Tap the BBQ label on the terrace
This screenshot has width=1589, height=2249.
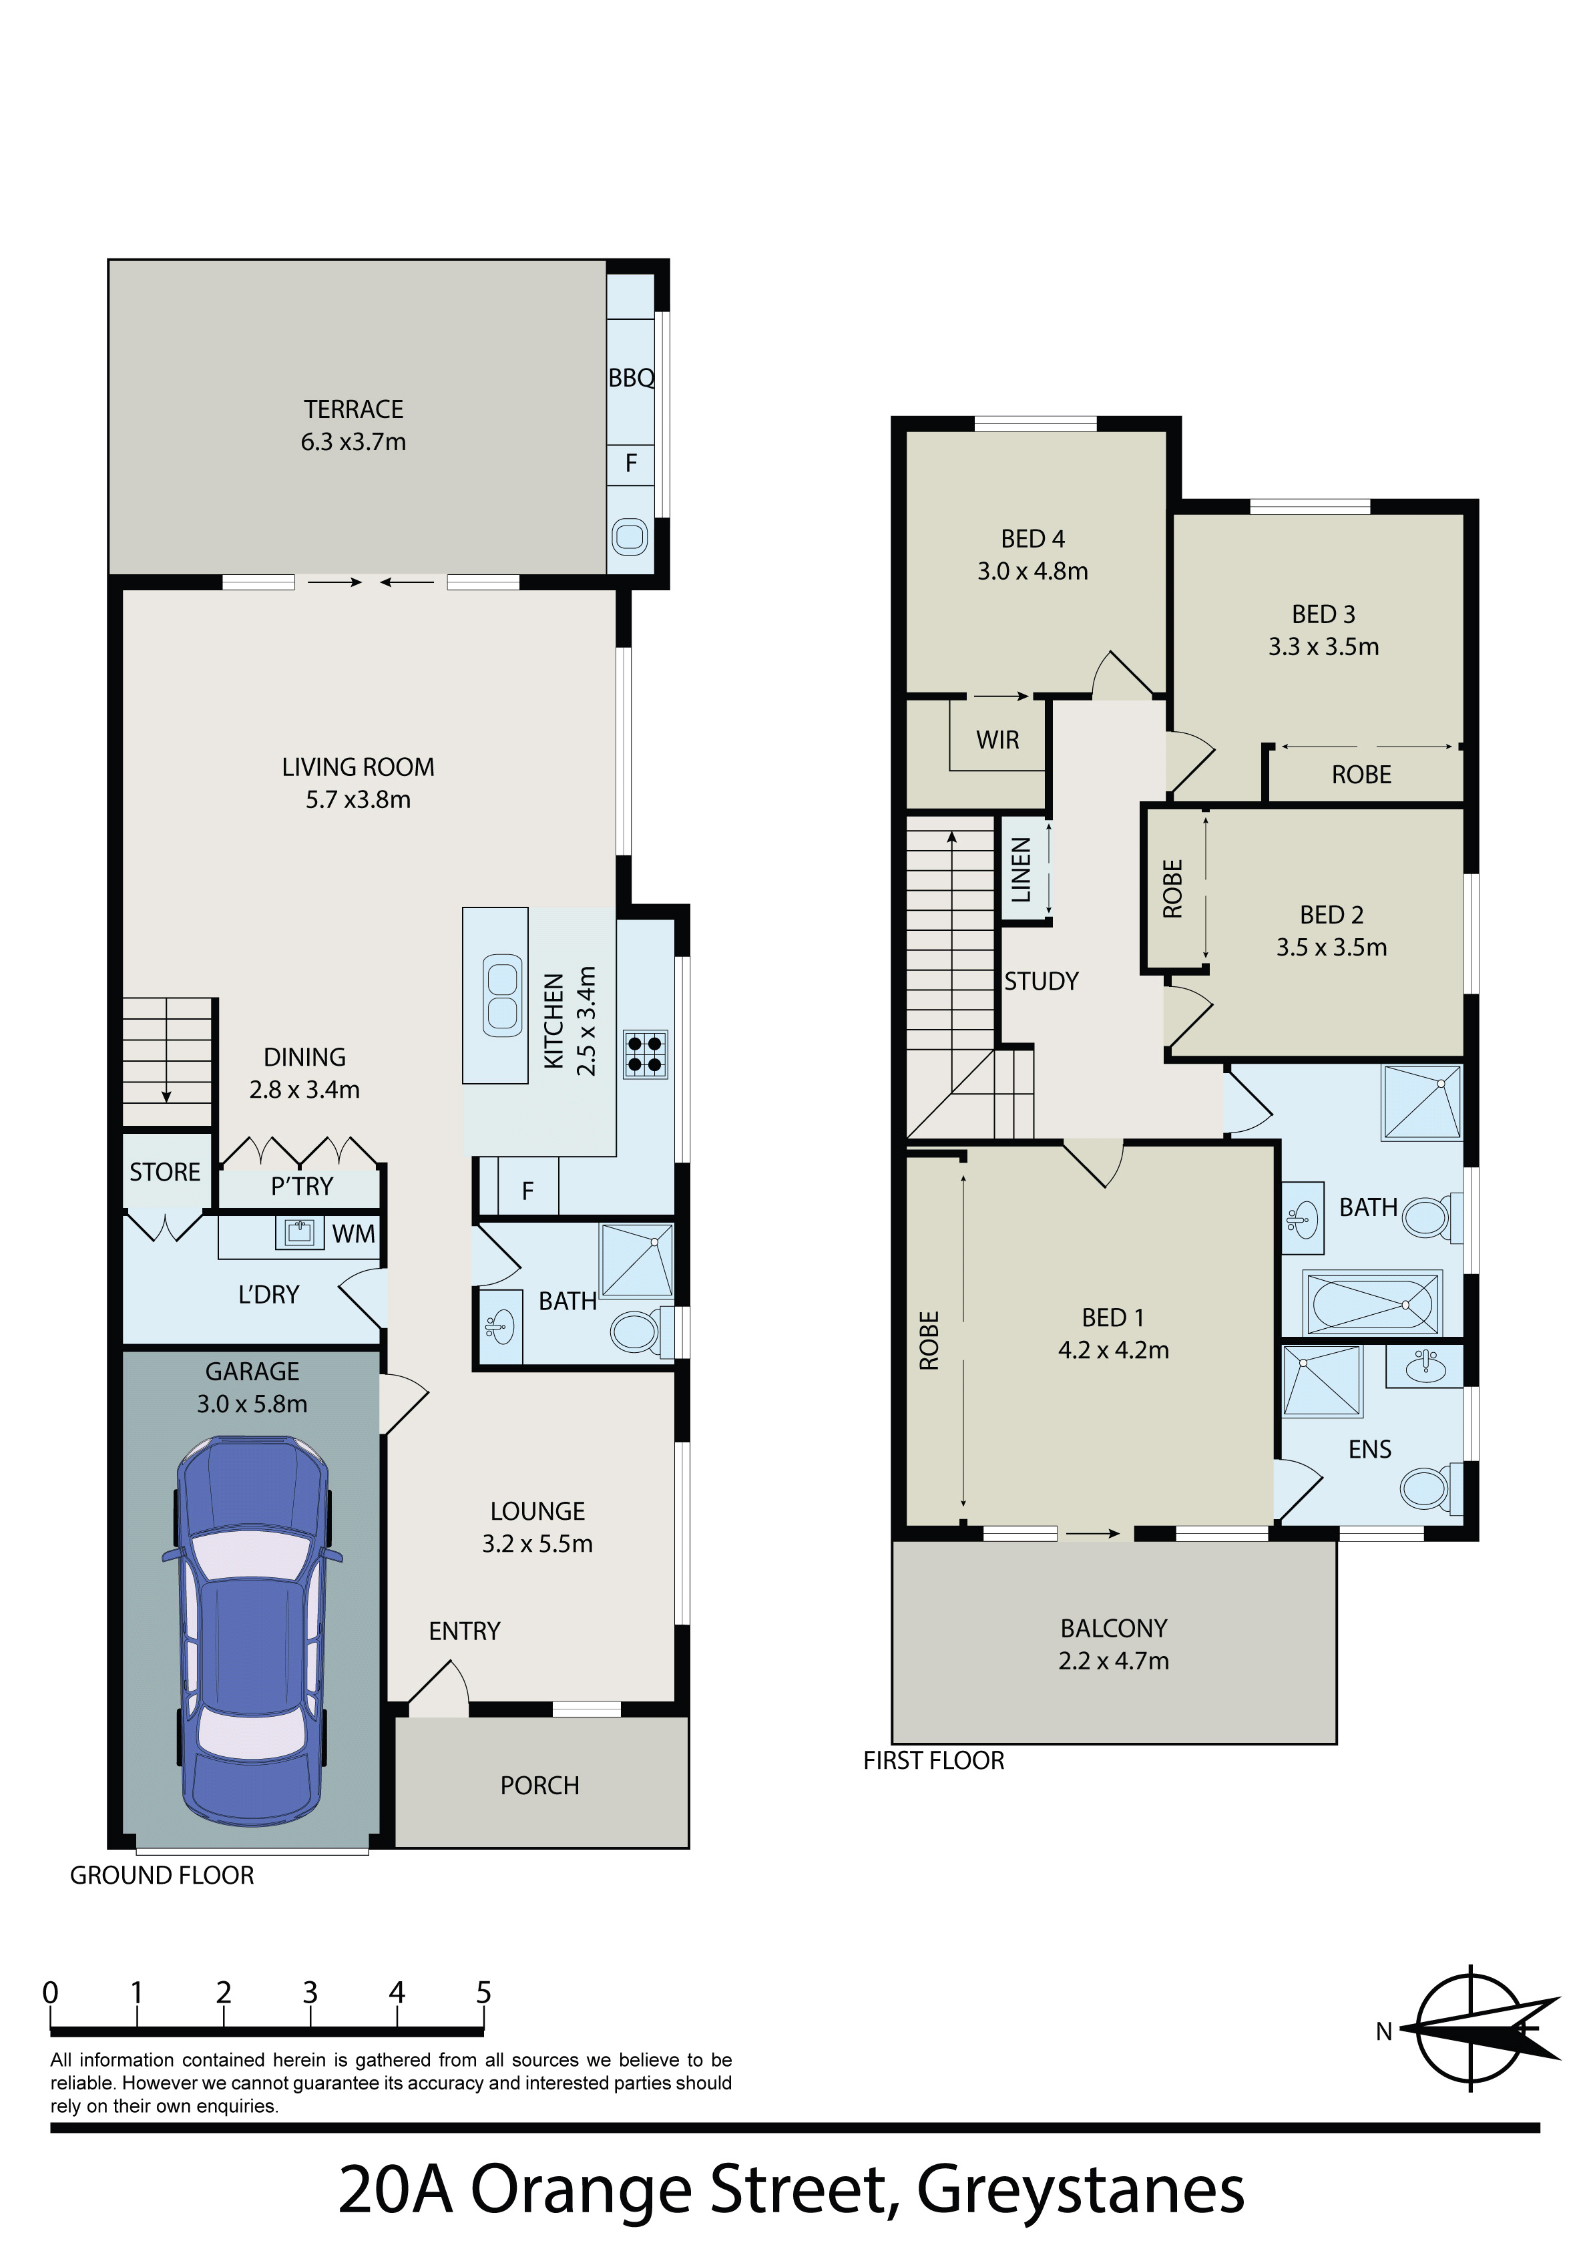pos(631,378)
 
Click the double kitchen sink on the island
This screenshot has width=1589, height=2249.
pos(503,995)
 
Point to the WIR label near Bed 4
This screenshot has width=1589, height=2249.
pos(997,741)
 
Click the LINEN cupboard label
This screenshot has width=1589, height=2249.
pos(1021,870)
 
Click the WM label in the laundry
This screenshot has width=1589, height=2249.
pos(354,1234)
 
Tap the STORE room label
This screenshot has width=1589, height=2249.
pos(165,1173)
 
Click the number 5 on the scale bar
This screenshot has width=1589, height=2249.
pos(484,1993)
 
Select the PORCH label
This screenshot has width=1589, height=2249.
pos(539,1786)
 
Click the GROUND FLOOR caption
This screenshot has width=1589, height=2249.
pos(162,1875)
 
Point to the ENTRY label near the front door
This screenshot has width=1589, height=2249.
pos(465,1631)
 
